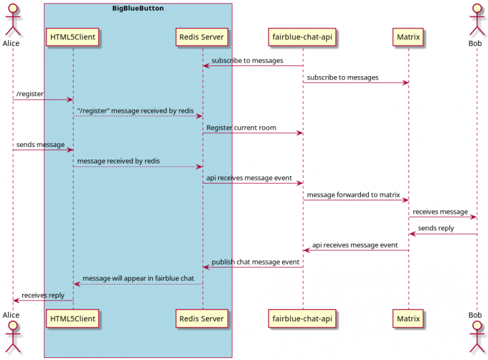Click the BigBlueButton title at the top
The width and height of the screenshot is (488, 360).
(138, 9)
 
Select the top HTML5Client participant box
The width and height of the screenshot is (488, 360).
(73, 37)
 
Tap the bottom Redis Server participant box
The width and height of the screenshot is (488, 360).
(203, 319)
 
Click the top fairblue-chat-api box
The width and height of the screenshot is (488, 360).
(302, 37)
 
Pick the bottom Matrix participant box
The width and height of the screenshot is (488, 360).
(408, 319)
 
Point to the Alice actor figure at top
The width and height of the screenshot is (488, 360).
(12, 19)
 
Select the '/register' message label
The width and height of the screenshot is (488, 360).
(30, 94)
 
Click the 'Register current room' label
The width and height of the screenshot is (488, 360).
(241, 128)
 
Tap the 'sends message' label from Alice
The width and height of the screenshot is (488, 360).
(41, 144)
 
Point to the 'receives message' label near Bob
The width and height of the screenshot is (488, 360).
(440, 212)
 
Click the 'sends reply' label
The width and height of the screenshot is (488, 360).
(436, 228)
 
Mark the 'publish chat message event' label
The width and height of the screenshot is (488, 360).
(255, 262)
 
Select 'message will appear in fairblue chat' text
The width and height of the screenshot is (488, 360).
(138, 279)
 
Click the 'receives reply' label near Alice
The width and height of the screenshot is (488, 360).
(43, 295)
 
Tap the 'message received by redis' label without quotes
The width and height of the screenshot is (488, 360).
(118, 161)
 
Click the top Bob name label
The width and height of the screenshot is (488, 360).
(476, 43)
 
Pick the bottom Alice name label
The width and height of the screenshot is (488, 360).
(11, 315)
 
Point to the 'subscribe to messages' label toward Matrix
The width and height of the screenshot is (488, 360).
(342, 77)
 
